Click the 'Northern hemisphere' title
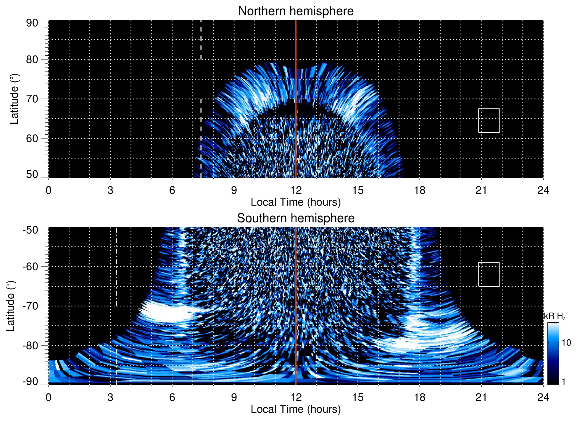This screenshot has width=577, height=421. pyautogui.click(x=296, y=11)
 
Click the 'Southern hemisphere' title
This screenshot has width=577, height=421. pyautogui.click(x=296, y=218)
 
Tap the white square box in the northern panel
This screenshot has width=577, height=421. pyautogui.click(x=489, y=120)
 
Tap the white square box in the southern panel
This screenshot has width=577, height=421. pyautogui.click(x=489, y=274)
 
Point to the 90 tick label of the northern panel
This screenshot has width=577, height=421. pyautogui.click(x=32, y=23)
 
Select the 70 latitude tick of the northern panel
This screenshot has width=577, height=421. pyautogui.click(x=32, y=99)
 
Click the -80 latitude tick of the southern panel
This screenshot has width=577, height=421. pyautogui.click(x=30, y=345)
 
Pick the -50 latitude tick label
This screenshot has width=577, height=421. pyautogui.click(x=30, y=230)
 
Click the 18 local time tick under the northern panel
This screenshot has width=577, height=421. pyautogui.click(x=419, y=190)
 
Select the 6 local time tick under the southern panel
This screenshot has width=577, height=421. pyautogui.click(x=172, y=397)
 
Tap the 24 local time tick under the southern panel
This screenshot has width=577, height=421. pyautogui.click(x=543, y=397)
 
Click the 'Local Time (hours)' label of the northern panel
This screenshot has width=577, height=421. pyautogui.click(x=296, y=202)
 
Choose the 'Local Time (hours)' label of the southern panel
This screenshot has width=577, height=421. pyautogui.click(x=296, y=409)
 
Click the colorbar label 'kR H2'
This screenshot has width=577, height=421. pyautogui.click(x=554, y=316)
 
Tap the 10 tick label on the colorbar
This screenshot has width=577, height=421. pyautogui.click(x=566, y=343)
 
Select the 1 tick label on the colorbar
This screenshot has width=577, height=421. pyautogui.click(x=563, y=382)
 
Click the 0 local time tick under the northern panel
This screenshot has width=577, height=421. pyautogui.click(x=49, y=190)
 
